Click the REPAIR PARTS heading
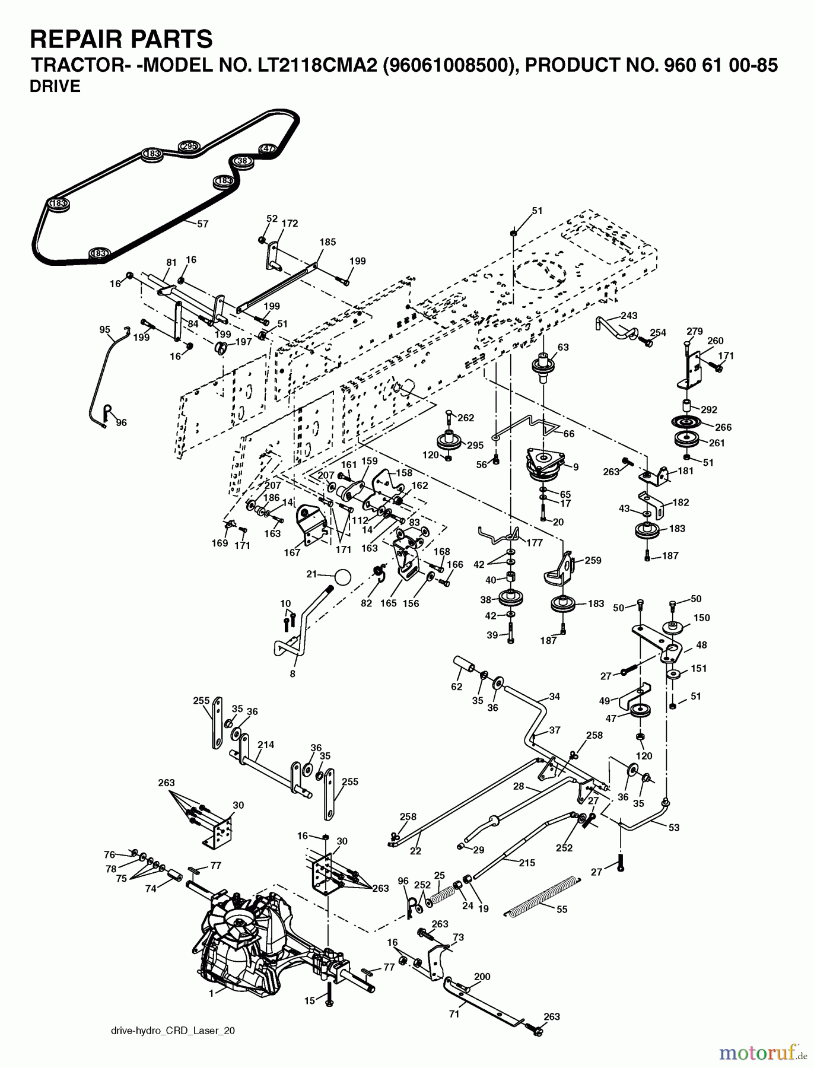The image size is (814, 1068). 121,39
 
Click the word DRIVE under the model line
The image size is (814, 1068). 55,87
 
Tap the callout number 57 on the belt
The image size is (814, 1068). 202,224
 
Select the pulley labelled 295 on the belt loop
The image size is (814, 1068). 189,146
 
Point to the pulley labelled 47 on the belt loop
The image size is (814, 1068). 268,148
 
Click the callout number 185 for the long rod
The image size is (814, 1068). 327,242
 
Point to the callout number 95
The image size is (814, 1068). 105,329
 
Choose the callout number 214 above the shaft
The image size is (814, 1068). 266,745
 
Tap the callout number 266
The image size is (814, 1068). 723,427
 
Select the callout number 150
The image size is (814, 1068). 701,618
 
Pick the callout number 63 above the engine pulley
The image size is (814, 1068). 563,347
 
